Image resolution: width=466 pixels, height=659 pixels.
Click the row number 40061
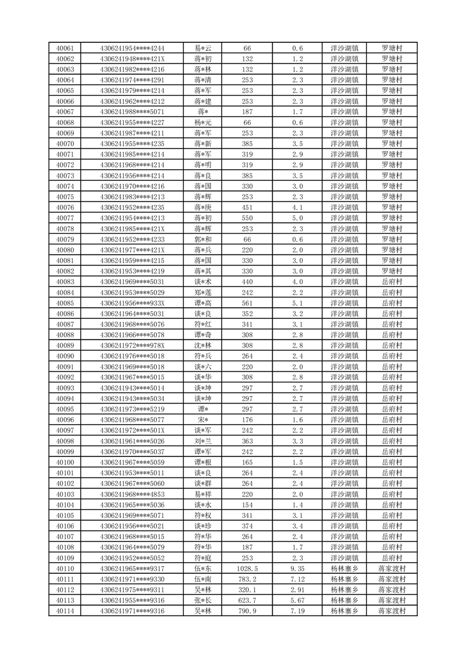pyautogui.click(x=65, y=48)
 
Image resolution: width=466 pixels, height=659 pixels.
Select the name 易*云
pyautogui.click(x=204, y=48)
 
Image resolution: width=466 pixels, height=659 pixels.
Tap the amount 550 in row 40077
pyautogui.click(x=247, y=218)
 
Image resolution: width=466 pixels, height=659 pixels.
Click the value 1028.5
pyautogui.click(x=247, y=569)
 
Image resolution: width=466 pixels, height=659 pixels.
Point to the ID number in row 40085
pyautogui.click(x=133, y=303)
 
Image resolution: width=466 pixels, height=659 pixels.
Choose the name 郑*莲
pyautogui.click(x=204, y=292)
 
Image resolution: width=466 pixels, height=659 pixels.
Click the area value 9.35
pyautogui.click(x=297, y=569)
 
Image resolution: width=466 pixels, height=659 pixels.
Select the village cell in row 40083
pyautogui.click(x=391, y=282)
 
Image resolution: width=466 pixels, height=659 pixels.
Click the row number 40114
pyautogui.click(x=65, y=611)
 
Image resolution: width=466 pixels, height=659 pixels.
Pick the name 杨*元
pyautogui.click(x=204, y=122)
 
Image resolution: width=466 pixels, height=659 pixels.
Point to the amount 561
pyautogui.click(x=247, y=303)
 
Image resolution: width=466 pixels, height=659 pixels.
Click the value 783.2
pyautogui.click(x=247, y=579)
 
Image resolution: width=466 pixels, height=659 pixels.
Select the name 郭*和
pyautogui.click(x=204, y=239)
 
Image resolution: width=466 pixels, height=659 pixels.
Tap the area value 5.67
pyautogui.click(x=297, y=600)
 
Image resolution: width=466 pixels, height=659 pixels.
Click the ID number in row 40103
pyautogui.click(x=133, y=494)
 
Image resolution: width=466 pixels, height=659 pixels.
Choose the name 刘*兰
pyautogui.click(x=204, y=441)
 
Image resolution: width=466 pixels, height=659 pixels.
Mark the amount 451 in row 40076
pyautogui.click(x=247, y=207)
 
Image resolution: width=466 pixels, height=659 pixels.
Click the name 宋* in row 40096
pyautogui.click(x=204, y=420)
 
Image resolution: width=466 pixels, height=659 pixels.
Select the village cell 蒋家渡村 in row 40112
pyautogui.click(x=391, y=590)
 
